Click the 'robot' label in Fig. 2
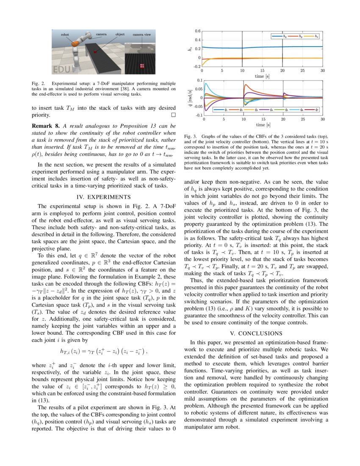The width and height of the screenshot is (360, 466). (65, 34)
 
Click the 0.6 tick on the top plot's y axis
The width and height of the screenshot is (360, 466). (197, 31)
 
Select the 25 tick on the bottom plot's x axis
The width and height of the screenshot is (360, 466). (303, 120)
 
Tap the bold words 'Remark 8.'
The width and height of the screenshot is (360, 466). (46, 126)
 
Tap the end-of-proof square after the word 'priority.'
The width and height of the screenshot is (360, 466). (172, 115)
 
